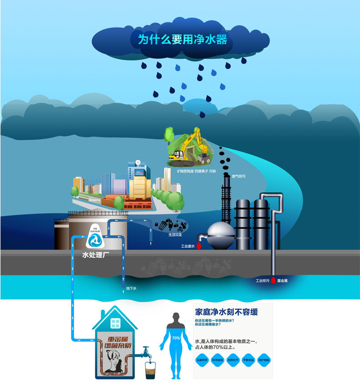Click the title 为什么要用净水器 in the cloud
point(182,39)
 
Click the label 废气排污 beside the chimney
point(238,176)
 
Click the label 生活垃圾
point(175,235)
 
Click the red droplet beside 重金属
point(273,281)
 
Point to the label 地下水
point(131,288)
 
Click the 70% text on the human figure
point(176,338)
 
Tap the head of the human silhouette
point(176,317)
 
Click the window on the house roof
point(115,323)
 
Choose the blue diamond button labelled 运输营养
point(202,360)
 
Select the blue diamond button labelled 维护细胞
point(264,360)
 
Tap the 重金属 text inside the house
point(116,340)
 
